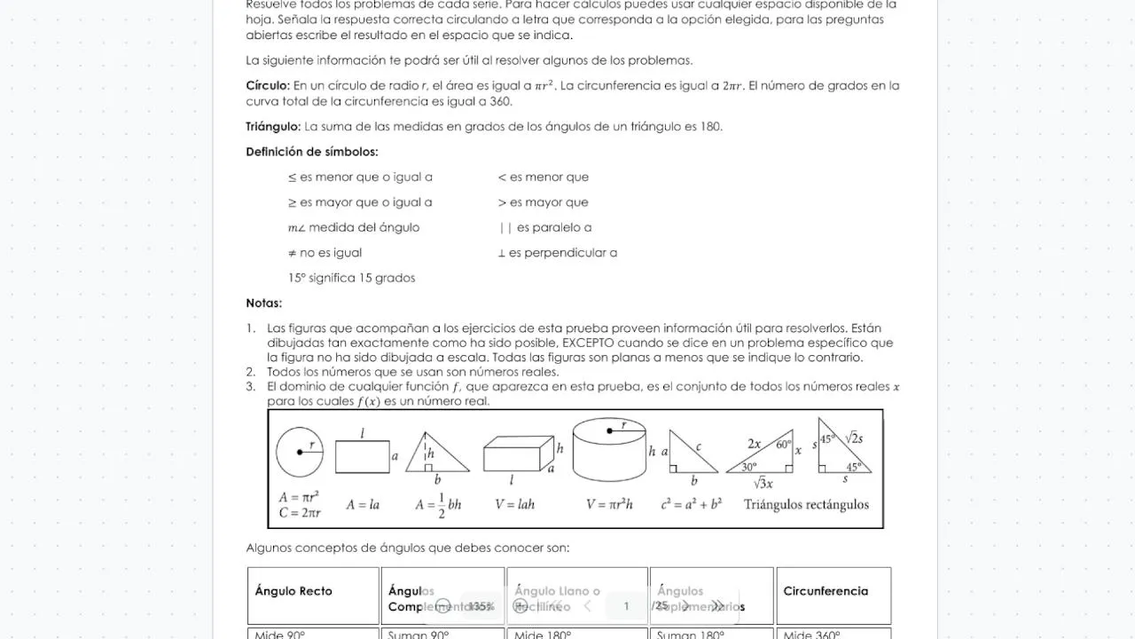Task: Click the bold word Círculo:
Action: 268,86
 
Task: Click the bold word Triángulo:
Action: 273,127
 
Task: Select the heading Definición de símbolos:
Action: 312,152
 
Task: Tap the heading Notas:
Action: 263,304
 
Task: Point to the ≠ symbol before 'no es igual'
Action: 293,253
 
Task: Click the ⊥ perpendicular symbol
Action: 502,253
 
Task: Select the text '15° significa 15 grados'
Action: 351,278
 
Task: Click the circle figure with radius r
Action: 300,452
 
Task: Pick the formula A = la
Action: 363,505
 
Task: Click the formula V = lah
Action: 514,505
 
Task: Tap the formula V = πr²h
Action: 609,505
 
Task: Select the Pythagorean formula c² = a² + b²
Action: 691,505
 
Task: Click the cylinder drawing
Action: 609,450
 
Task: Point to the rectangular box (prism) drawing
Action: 518,454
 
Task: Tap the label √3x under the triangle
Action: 763,484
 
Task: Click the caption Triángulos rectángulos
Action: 806,505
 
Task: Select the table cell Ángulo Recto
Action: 294,591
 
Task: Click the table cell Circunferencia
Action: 826,591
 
